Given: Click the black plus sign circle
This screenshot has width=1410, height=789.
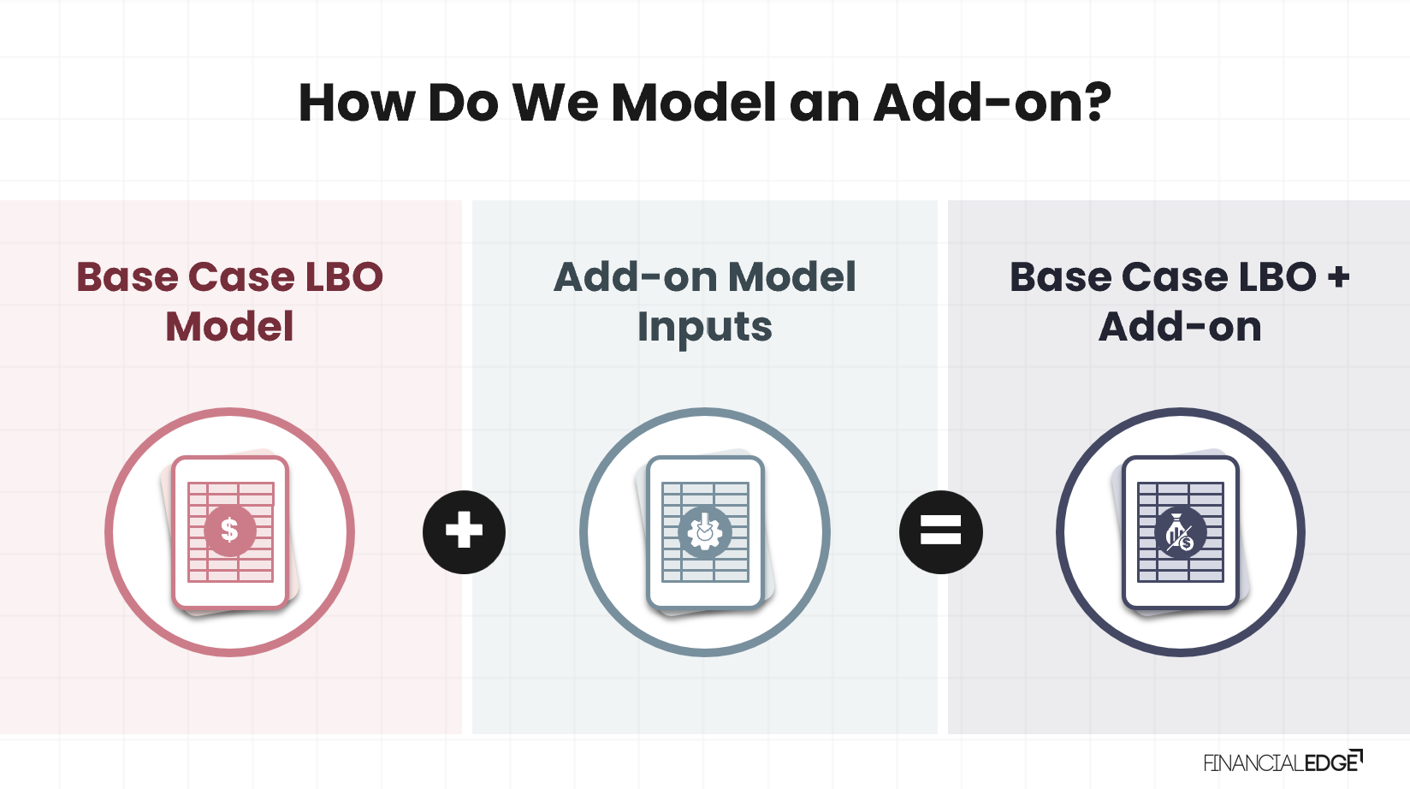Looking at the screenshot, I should pos(464,531).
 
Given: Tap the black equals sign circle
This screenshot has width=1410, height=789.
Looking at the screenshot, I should pos(940,531).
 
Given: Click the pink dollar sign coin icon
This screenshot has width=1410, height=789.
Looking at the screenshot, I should pos(229,531).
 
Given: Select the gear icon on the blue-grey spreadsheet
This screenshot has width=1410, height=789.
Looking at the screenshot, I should pos(704,532).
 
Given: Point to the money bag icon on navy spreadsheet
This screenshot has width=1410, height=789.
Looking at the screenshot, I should pos(1180,532).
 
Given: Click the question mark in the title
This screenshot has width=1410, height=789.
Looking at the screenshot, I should pos(1094,103).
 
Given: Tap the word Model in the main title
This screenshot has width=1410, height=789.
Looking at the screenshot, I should pos(694,103).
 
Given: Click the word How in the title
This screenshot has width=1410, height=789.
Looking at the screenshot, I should pos(354,103).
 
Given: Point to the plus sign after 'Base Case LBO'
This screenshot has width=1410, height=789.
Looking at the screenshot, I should pos(1338,277).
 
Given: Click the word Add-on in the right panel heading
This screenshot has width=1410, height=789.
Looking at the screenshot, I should pos(1180,327).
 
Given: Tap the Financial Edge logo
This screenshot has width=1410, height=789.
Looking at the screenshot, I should pos(1283,762).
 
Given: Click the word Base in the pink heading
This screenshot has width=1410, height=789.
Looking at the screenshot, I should pos(127,277).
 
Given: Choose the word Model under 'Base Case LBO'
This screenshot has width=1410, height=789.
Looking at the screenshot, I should pos(229,327).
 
